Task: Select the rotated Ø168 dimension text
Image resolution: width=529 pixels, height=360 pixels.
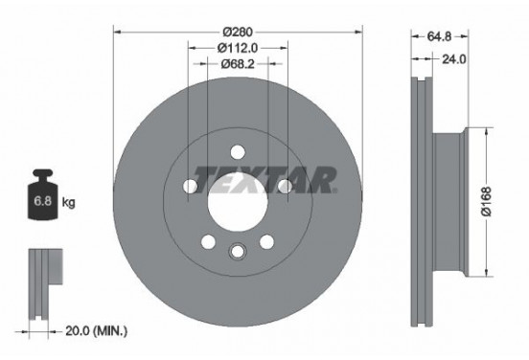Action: (487, 198)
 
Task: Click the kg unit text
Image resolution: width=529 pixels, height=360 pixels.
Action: (67, 203)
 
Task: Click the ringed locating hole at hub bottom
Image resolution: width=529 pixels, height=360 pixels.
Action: (237, 252)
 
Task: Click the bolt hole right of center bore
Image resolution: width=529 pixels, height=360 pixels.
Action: (285, 187)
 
